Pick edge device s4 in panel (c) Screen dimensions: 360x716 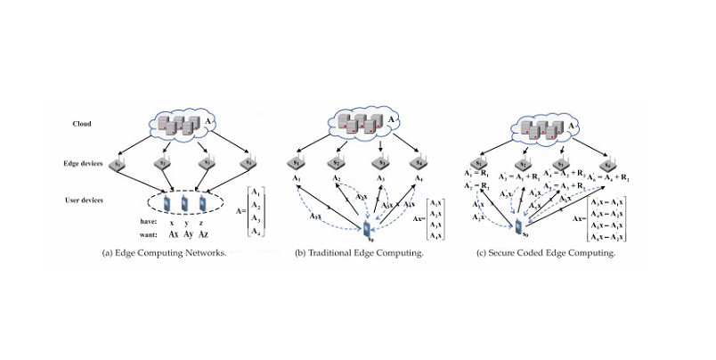606,164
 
